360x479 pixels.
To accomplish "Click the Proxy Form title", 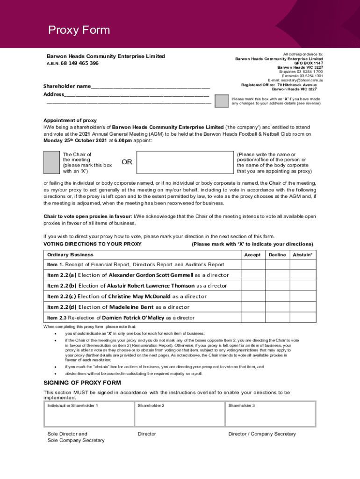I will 79,30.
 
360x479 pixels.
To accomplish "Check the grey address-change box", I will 222,101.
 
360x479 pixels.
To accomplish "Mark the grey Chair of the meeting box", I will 50,163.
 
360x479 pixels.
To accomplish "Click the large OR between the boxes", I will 127,162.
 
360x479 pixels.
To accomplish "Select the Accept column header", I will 252,255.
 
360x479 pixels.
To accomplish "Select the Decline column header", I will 277,255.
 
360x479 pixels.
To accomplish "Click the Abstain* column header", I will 302,255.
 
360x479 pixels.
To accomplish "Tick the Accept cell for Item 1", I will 253,265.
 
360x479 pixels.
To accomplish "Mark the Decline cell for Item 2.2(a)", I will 277,275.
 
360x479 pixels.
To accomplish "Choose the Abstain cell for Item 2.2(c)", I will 302,296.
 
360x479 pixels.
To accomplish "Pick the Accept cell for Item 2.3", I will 253,318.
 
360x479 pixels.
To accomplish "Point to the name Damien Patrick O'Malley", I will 133,318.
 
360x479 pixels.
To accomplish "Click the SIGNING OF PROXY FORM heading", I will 82,383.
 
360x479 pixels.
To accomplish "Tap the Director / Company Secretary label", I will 262,434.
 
